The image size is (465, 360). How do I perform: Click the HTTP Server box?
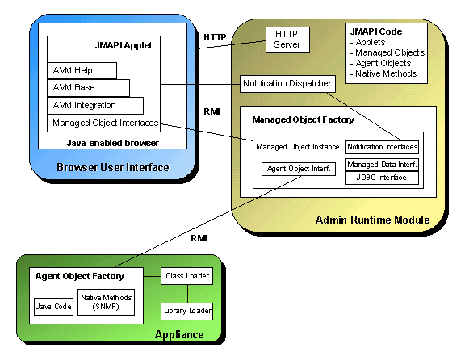point(287,40)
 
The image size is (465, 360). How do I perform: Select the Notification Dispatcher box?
point(287,84)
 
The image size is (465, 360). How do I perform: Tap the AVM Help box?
point(82,70)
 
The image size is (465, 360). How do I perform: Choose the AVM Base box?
point(88,88)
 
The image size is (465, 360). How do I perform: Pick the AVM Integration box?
point(95,106)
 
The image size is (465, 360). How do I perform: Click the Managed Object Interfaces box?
point(104,123)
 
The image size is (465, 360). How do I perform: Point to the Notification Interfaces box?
point(382,147)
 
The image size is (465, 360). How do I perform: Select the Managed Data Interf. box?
point(382,165)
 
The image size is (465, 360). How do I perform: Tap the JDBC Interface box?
point(382,178)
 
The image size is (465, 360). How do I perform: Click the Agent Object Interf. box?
point(299,169)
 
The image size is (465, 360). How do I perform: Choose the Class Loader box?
point(186,276)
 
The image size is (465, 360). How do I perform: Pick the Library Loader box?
point(186,312)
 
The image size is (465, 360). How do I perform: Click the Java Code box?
point(53,307)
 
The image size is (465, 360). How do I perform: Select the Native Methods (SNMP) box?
point(107,303)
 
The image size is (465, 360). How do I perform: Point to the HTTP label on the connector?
point(215,37)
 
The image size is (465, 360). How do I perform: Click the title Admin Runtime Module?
point(372,220)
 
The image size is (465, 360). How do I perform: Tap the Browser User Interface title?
point(113,168)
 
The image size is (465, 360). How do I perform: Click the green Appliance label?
point(179,335)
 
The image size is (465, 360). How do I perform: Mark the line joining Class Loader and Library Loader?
point(187,294)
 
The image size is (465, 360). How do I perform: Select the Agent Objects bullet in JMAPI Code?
point(381,63)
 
